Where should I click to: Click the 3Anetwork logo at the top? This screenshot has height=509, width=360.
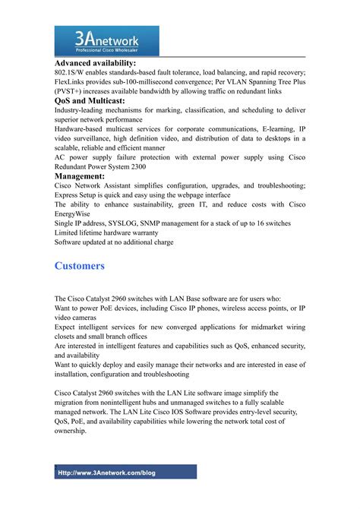106,39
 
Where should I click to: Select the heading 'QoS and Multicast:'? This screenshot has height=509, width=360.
90,100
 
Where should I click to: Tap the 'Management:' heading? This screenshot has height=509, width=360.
80,176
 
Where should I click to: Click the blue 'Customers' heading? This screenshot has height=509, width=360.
80,266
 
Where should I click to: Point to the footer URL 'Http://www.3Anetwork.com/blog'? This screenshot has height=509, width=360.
107,473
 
